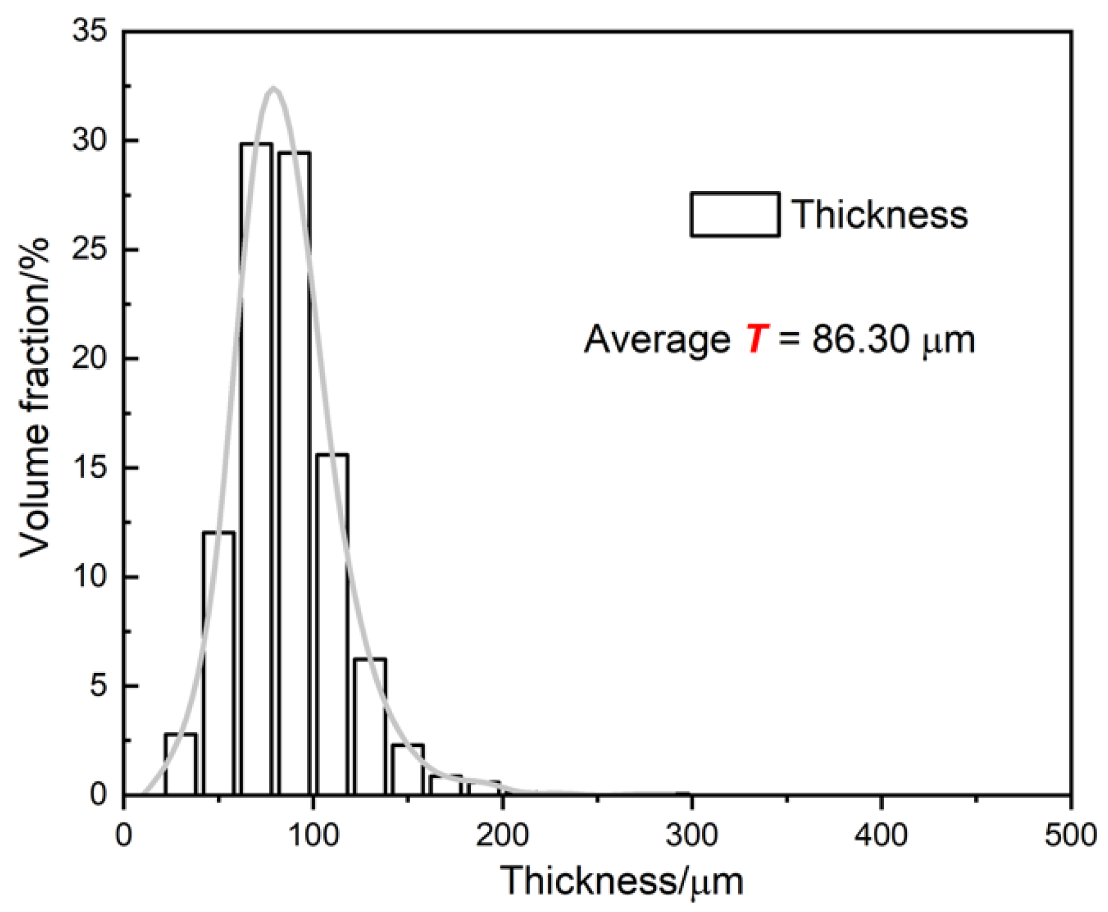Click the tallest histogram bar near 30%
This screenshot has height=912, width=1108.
pos(256,468)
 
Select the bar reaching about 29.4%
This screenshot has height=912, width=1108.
pos(294,474)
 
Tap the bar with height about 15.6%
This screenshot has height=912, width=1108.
pos(332,624)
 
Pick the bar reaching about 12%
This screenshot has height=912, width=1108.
pos(219,663)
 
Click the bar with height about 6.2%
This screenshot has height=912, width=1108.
pos(370,726)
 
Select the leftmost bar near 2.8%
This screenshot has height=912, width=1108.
pos(180,764)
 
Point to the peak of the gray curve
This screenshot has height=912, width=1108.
pos(274,88)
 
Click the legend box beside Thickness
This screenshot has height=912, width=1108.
pos(734,214)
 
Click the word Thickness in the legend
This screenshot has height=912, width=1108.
pos(879,214)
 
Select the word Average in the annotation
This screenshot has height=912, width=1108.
pos(657,340)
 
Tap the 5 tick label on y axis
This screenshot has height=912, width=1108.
pos(98,686)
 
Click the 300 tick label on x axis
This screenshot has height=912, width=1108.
pos(691,835)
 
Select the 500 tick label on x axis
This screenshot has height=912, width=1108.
pos(1070,835)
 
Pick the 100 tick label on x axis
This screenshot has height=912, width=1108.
pos(312,835)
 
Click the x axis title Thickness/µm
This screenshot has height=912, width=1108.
pos(622,881)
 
